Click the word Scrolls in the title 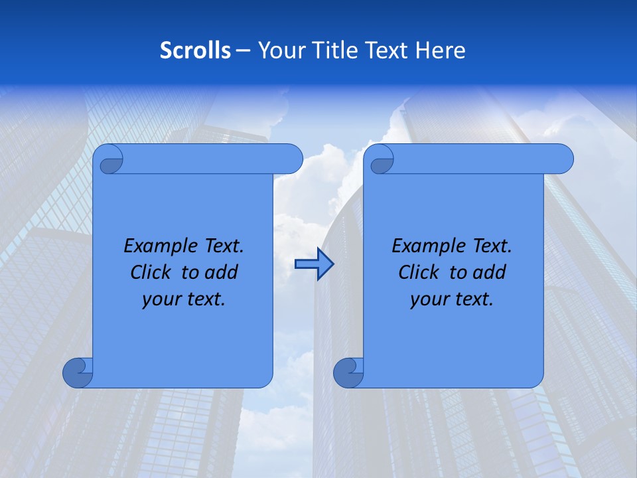tap(196, 50)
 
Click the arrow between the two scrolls tap(314, 264)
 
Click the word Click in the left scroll tap(152, 272)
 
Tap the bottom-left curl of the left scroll tap(78, 372)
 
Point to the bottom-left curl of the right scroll tap(348, 372)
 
